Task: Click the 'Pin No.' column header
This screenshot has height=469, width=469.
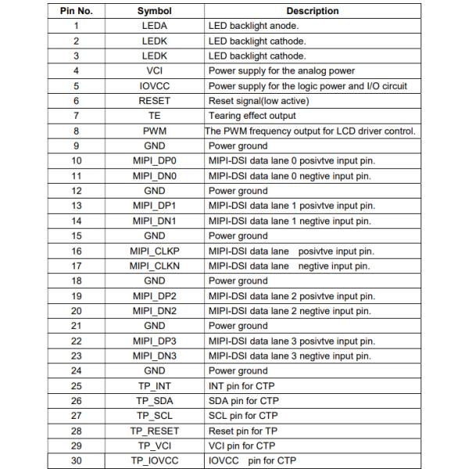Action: pyautogui.click(x=76, y=11)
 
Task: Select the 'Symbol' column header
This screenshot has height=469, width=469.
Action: pyautogui.click(x=154, y=11)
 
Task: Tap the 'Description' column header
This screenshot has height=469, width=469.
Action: pyautogui.click(x=313, y=11)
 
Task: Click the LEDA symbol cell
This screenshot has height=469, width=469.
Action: pyautogui.click(x=154, y=26)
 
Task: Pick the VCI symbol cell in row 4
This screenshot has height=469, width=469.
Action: pyautogui.click(x=154, y=71)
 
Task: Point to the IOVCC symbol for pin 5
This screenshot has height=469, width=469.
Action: pyautogui.click(x=154, y=86)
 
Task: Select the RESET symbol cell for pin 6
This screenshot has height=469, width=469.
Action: pyautogui.click(x=154, y=101)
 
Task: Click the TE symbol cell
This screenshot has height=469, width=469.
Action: pyautogui.click(x=154, y=116)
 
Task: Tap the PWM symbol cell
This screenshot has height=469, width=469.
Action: pyautogui.click(x=154, y=131)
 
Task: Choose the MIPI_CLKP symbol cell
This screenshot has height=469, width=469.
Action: pyautogui.click(x=154, y=251)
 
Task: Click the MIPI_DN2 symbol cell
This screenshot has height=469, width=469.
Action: pyautogui.click(x=154, y=311)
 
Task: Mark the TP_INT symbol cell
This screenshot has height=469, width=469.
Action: pyautogui.click(x=154, y=386)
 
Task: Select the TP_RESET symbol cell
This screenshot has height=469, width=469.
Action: pyautogui.click(x=154, y=431)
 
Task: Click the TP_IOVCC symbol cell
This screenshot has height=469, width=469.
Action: pyautogui.click(x=154, y=460)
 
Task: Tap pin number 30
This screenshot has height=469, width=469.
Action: pyautogui.click(x=76, y=460)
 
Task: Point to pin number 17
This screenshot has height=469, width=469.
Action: pyautogui.click(x=76, y=266)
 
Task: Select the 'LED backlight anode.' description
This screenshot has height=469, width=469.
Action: pyautogui.click(x=253, y=26)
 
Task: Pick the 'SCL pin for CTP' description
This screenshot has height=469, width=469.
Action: pyautogui.click(x=243, y=416)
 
